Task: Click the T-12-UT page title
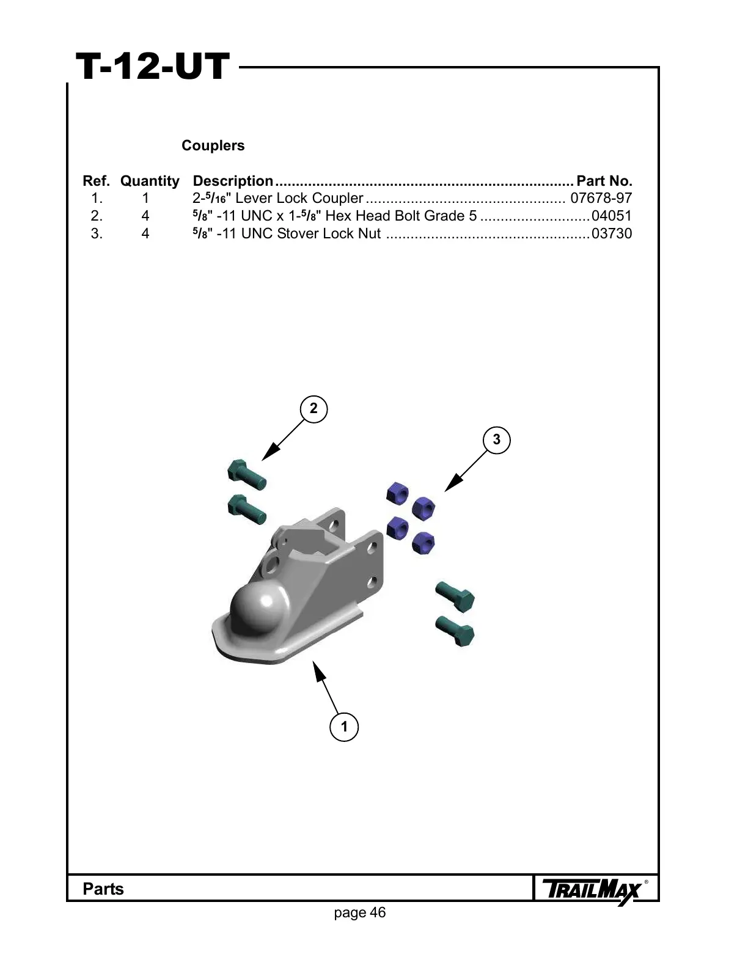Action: [152, 67]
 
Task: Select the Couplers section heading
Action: [213, 145]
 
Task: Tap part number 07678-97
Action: [601, 198]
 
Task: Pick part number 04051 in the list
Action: [611, 216]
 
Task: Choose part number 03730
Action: [611, 233]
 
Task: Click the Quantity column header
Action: [150, 181]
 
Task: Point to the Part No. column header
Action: [604, 181]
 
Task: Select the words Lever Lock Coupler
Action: [299, 198]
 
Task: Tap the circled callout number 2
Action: [313, 409]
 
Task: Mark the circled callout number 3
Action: [496, 439]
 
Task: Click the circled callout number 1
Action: [344, 727]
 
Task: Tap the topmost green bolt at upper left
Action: [246, 475]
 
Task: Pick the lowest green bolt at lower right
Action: [456, 631]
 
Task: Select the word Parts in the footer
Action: [103, 889]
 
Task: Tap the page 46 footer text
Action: [360, 912]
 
